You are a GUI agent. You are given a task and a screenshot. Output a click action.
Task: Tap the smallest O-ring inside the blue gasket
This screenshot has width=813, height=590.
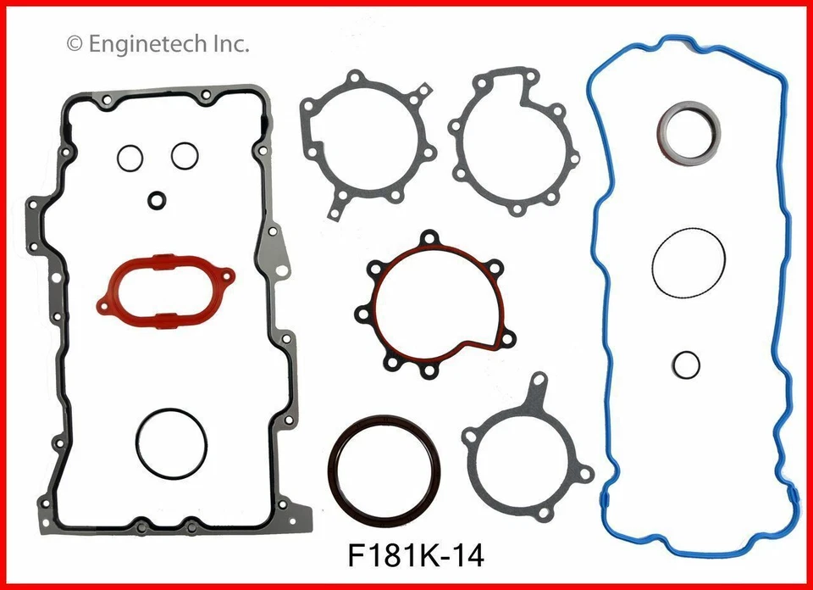coord(687,365)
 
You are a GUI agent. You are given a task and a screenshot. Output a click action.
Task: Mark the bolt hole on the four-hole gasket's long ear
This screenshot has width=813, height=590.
coord(538,382)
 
